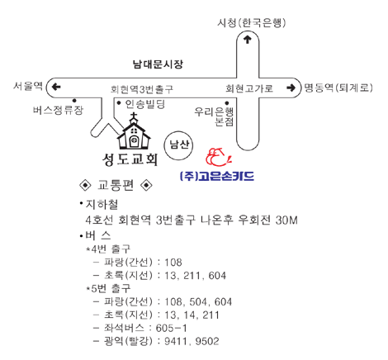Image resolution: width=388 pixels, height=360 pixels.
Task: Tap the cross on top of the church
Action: [134, 116]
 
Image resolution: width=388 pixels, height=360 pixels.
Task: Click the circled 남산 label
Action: [178, 145]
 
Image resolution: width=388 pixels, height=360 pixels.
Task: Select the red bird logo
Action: [219, 157]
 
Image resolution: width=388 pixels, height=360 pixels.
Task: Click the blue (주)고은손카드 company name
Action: [216, 176]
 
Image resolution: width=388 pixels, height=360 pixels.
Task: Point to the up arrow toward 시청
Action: [248, 40]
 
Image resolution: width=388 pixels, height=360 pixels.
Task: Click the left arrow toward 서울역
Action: [56, 87]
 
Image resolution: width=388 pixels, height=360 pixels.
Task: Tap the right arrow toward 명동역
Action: [291, 88]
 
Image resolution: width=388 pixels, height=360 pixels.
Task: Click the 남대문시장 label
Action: [158, 64]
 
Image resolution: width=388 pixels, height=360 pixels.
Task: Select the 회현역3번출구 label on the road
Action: [142, 89]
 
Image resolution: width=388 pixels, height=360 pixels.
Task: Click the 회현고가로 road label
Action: [249, 88]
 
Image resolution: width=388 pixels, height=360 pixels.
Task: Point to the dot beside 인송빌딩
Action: [119, 103]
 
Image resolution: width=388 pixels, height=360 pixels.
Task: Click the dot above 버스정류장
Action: [74, 101]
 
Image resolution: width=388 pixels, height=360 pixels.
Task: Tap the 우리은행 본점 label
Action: [214, 116]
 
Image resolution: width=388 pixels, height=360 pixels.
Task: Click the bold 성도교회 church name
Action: [130, 159]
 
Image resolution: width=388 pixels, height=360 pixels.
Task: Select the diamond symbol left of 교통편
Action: [85, 185]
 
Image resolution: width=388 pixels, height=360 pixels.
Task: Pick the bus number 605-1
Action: [171, 328]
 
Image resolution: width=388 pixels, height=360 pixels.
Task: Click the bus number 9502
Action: [207, 341]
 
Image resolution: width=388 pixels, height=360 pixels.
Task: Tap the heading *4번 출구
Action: [108, 249]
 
